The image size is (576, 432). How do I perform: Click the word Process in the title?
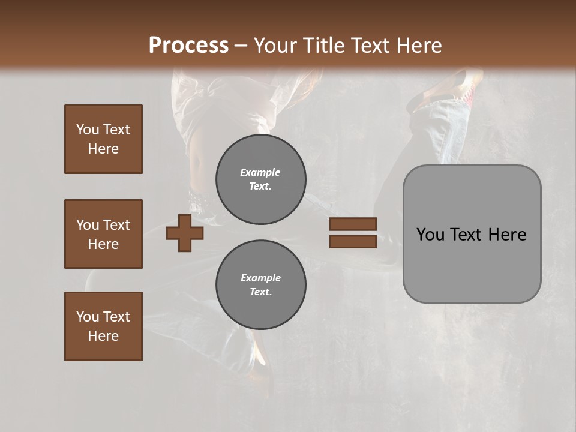point(188,46)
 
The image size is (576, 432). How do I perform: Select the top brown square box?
point(103,139)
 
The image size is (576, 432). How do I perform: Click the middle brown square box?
point(103,234)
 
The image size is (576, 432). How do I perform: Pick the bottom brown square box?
point(103,326)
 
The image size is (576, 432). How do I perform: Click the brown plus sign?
point(184,233)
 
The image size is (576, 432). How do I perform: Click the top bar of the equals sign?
point(353,224)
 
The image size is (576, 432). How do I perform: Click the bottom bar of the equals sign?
point(353,241)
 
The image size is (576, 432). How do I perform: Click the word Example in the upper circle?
point(260,172)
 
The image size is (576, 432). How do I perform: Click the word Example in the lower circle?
point(260,278)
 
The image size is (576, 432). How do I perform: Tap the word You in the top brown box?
point(87,130)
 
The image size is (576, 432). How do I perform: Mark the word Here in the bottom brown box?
point(103,336)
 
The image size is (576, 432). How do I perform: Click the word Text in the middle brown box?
point(116,225)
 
